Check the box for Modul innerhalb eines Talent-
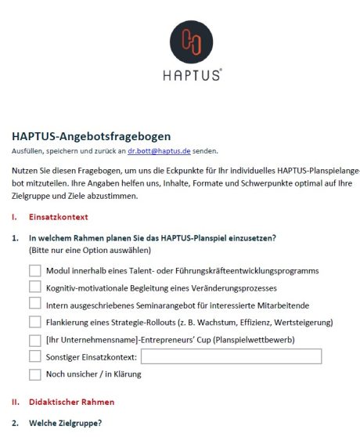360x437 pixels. click(x=35, y=270)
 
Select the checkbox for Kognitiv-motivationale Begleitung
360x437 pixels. click(x=35, y=287)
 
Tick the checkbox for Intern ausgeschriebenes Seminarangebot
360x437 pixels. click(x=35, y=304)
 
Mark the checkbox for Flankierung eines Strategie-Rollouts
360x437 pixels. click(x=35, y=321)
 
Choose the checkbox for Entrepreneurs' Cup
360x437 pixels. click(x=35, y=340)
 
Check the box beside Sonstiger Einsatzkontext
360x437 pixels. click(x=35, y=357)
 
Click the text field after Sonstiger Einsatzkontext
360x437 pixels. click(x=231, y=357)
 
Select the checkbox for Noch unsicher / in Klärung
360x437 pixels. click(x=35, y=374)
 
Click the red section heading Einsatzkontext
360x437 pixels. click(x=59, y=216)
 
